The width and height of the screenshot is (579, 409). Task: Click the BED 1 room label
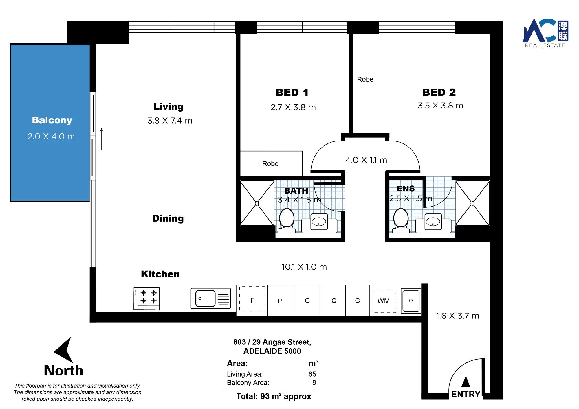click(292, 93)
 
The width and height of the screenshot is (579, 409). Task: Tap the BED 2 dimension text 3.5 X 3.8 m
click(440, 106)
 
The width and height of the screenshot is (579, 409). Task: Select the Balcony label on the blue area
click(52, 120)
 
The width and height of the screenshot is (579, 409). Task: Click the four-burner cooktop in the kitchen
click(146, 299)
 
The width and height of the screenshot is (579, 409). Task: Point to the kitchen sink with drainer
click(211, 298)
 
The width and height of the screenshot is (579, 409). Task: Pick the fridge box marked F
click(252, 299)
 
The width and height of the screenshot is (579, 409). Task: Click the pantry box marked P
click(280, 301)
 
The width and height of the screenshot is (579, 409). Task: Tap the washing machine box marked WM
click(384, 301)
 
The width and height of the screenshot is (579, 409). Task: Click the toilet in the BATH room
click(287, 220)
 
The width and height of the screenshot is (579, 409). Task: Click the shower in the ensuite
click(472, 203)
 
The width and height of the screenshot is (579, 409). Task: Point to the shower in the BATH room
click(257, 203)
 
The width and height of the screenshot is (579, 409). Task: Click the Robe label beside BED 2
click(365, 79)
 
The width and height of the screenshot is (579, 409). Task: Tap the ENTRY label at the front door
click(466, 394)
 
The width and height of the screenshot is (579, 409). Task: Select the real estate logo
click(545, 33)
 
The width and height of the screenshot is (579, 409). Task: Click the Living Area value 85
click(312, 374)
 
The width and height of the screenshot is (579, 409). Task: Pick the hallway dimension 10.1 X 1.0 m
click(304, 267)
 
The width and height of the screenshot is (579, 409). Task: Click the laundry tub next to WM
click(411, 301)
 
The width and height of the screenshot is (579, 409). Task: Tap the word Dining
click(168, 218)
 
